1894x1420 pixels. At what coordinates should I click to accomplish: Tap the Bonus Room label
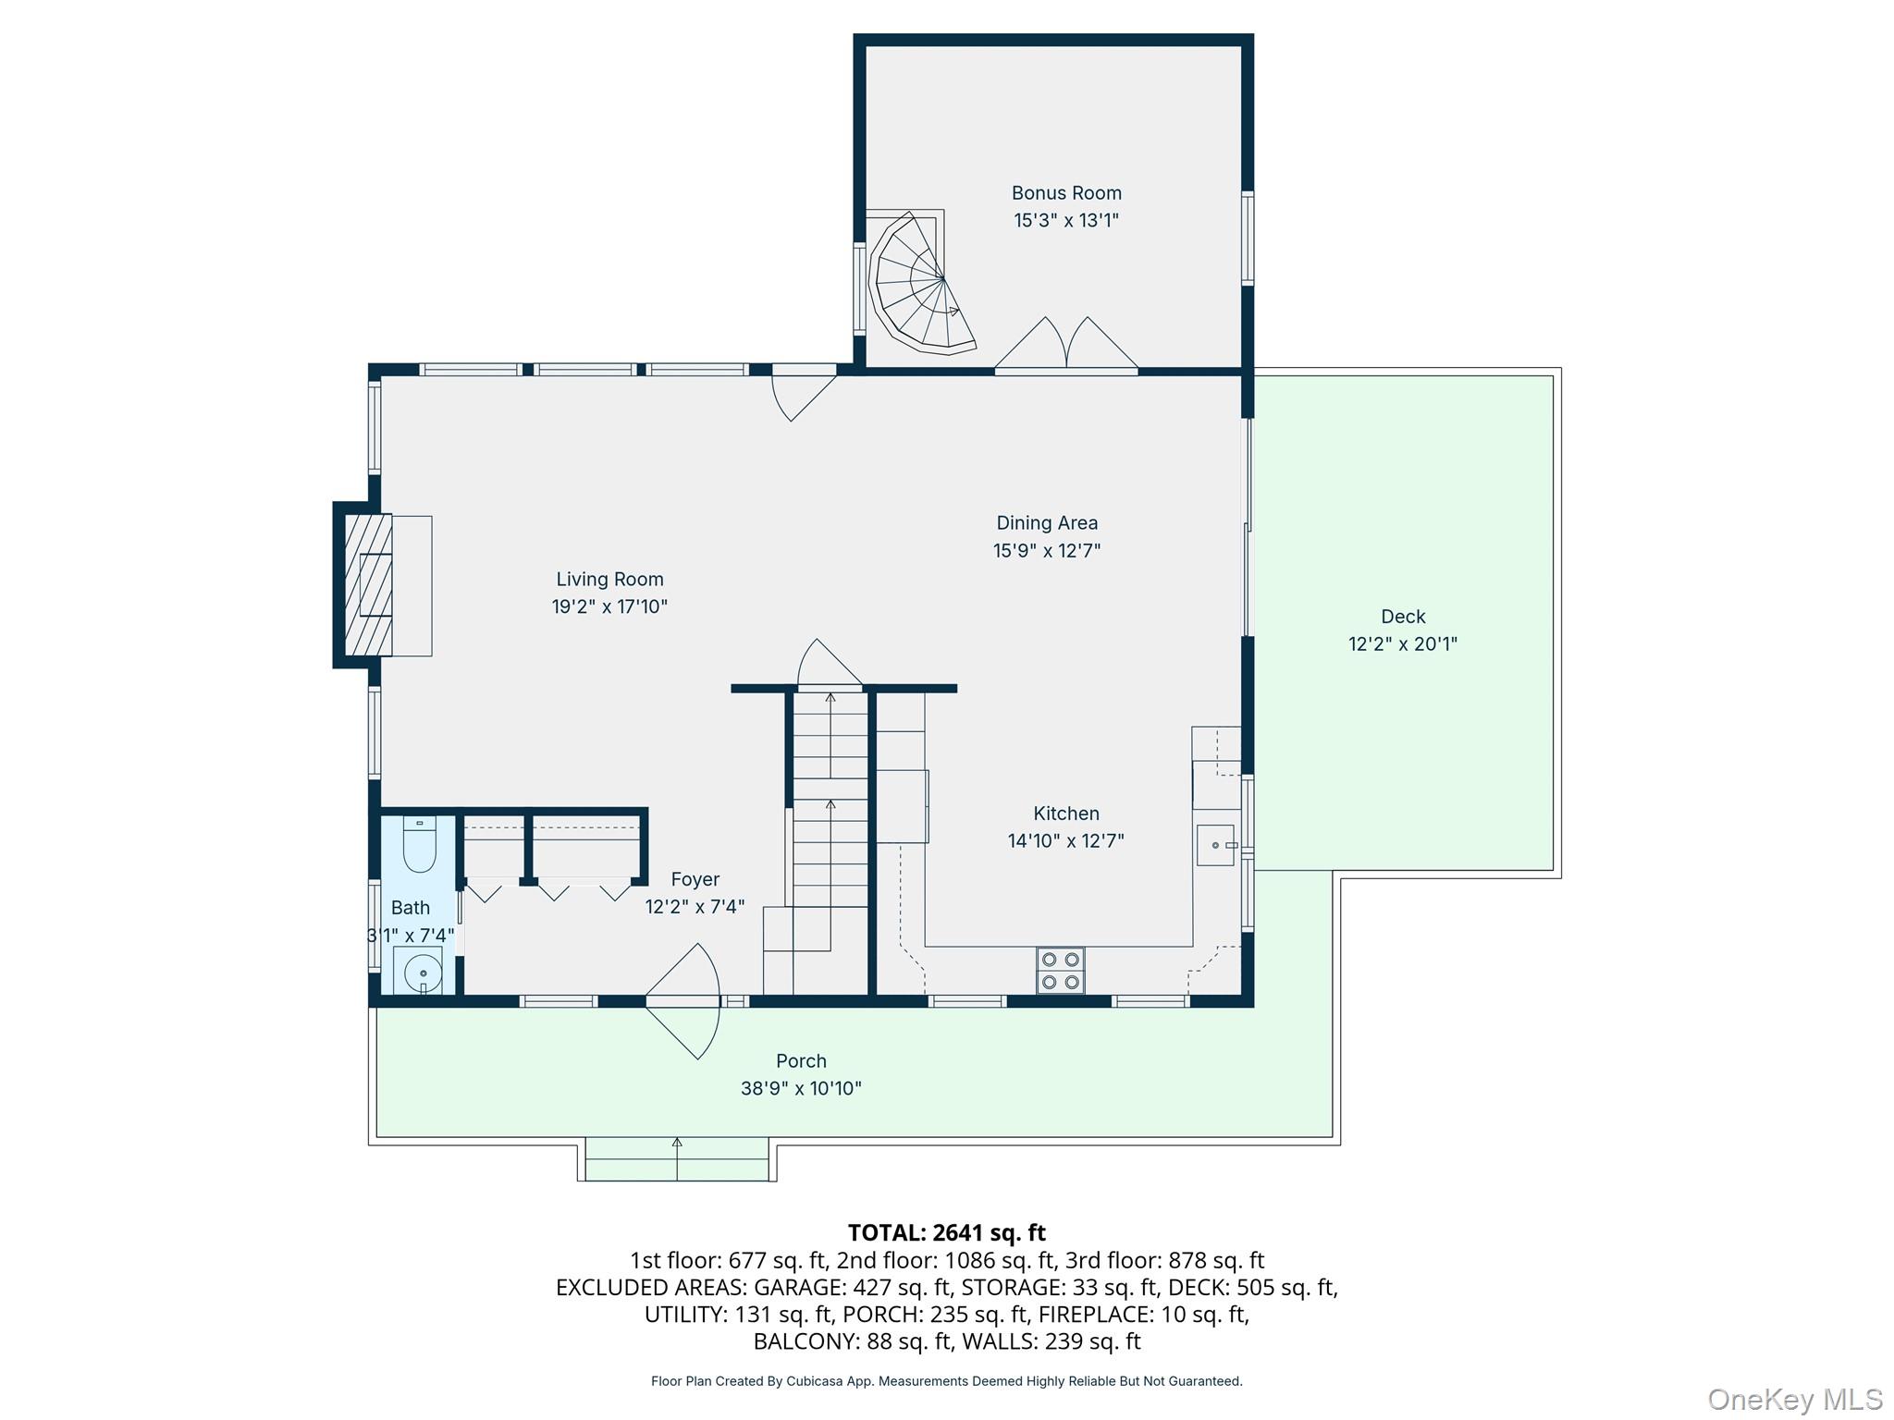(x=1066, y=193)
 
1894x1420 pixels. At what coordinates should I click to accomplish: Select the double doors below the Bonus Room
(x=1066, y=348)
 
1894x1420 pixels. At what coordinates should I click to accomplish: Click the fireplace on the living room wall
(x=370, y=585)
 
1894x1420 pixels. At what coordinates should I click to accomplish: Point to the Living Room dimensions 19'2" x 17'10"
(x=609, y=606)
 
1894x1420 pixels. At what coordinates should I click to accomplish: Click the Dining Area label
(x=1047, y=523)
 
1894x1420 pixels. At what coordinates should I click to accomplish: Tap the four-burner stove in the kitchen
(x=1061, y=970)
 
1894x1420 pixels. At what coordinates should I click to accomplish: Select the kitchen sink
(x=1215, y=845)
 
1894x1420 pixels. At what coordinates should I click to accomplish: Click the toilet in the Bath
(x=420, y=845)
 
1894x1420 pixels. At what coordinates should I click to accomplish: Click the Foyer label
(x=695, y=879)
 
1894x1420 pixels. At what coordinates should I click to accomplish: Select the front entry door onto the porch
(x=684, y=1002)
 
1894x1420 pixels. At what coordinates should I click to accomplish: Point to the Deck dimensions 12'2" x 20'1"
(x=1403, y=643)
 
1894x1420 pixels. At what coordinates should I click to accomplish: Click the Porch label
(x=801, y=1061)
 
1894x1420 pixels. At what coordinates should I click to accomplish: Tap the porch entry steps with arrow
(x=677, y=1159)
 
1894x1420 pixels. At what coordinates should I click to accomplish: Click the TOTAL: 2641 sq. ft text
(x=946, y=1232)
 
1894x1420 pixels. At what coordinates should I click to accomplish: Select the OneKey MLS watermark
(x=1794, y=1399)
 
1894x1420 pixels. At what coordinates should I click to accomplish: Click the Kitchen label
(x=1066, y=814)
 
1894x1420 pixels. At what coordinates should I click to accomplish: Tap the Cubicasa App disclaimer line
(x=946, y=1381)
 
